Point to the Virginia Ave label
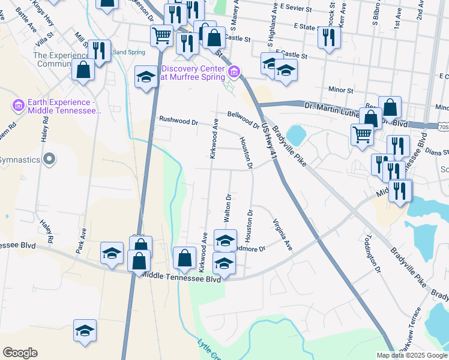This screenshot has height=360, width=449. [x=283, y=235]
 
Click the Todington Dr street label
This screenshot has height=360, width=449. [x=373, y=254]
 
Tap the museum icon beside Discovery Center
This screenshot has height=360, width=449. [x=235, y=73]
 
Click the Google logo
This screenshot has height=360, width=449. [x=20, y=353]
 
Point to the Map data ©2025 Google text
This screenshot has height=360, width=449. [x=411, y=355]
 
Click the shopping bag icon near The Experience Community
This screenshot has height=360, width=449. [x=83, y=70]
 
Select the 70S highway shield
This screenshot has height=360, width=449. [x=443, y=127]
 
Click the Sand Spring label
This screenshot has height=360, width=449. [x=129, y=52]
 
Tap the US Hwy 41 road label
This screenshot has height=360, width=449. [x=268, y=143]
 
